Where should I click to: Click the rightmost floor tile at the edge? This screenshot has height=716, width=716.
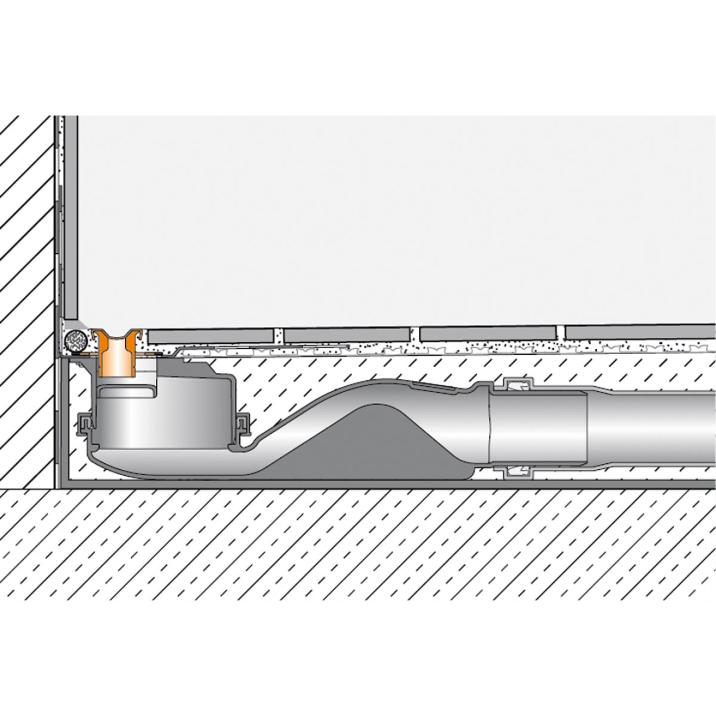click(640, 331)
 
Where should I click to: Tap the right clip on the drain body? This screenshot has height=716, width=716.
click(244, 420)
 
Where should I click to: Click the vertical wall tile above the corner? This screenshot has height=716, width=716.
click(71, 217)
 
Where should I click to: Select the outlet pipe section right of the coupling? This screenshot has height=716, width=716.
click(651, 429)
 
